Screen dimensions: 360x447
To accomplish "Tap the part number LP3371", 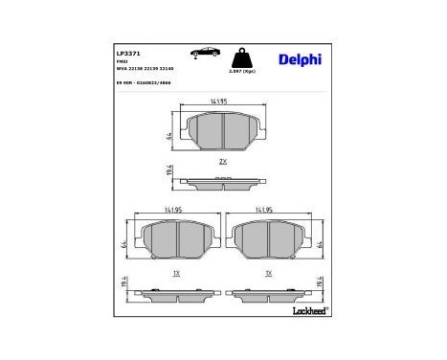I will point(128,54).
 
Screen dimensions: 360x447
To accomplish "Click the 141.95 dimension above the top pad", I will point(222,102).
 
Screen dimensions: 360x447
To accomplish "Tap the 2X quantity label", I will point(222,160).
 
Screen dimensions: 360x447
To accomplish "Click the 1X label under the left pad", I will point(175,274).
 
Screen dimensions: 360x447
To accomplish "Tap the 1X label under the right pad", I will point(269,274).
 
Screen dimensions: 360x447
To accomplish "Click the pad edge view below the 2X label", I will point(222,180).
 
